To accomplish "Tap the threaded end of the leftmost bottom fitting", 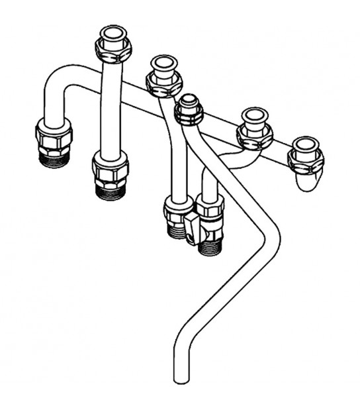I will (52, 158).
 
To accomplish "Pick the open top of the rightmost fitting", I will (305, 145).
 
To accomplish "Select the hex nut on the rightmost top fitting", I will (305, 159).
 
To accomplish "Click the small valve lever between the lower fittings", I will (192, 229).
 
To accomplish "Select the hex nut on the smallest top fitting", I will (188, 114).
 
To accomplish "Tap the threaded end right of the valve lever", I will (210, 247).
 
